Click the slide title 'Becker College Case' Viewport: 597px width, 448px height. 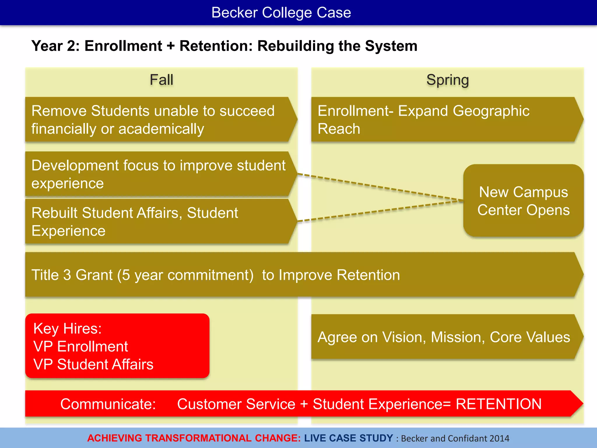[x=281, y=13]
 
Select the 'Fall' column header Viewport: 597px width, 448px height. [x=161, y=80]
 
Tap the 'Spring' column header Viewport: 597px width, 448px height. [x=447, y=80]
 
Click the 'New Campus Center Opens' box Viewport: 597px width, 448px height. [x=523, y=201]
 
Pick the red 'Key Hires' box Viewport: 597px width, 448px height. [x=117, y=346]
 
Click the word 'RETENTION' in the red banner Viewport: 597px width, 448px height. [x=498, y=404]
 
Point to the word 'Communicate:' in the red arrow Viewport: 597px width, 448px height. [x=108, y=404]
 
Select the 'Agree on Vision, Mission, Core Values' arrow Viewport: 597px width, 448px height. [x=444, y=337]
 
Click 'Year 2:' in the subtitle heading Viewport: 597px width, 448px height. [x=55, y=46]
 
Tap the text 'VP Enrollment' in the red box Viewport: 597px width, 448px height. [x=81, y=346]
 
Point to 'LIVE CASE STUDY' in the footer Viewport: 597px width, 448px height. [x=349, y=438]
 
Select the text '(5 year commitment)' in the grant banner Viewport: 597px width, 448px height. [x=185, y=275]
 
